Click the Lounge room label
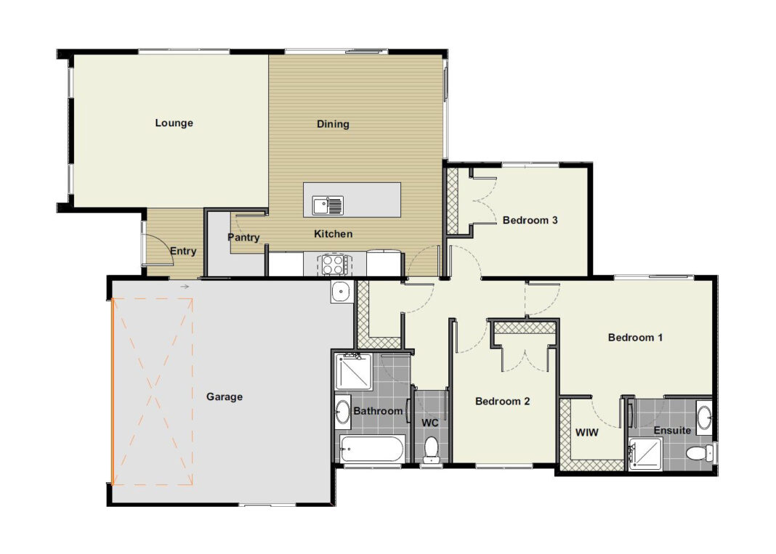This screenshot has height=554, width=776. click(x=174, y=123)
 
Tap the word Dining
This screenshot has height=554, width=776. click(x=333, y=123)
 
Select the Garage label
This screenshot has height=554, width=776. click(x=225, y=396)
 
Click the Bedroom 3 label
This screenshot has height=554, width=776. click(x=530, y=220)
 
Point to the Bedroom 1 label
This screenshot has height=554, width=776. click(x=635, y=338)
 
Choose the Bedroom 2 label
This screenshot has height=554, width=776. click(x=502, y=401)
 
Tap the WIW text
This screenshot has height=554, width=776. click(x=587, y=432)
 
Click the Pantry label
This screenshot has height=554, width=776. click(x=243, y=237)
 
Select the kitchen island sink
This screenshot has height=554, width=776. click(x=327, y=205)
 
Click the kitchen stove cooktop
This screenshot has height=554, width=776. click(x=334, y=264)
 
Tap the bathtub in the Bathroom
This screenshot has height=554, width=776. click(x=372, y=449)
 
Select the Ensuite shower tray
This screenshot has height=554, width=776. click(x=645, y=454)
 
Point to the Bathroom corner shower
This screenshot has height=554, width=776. click(x=353, y=372)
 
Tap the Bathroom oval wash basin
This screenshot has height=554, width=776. click(x=342, y=412)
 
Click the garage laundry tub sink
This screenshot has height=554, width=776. click(x=341, y=292)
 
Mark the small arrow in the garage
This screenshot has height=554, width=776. click(x=185, y=286)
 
